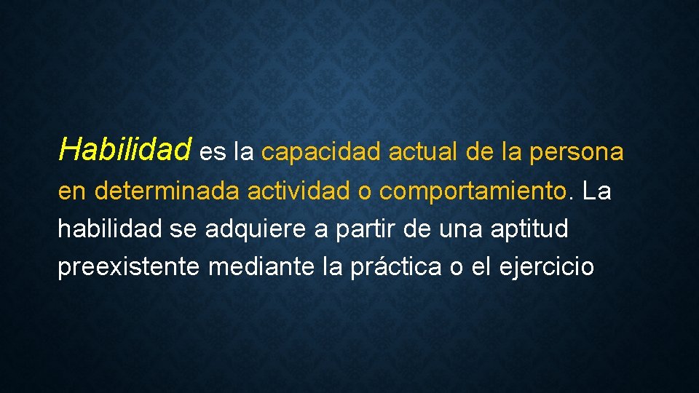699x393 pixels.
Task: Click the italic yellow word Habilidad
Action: tap(125, 150)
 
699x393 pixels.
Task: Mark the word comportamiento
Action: tap(473, 193)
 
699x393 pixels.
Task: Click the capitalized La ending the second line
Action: tap(597, 191)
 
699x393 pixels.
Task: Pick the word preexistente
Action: tap(129, 268)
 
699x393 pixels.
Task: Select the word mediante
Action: tap(261, 267)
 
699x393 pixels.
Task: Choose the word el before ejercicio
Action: tap(481, 267)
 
